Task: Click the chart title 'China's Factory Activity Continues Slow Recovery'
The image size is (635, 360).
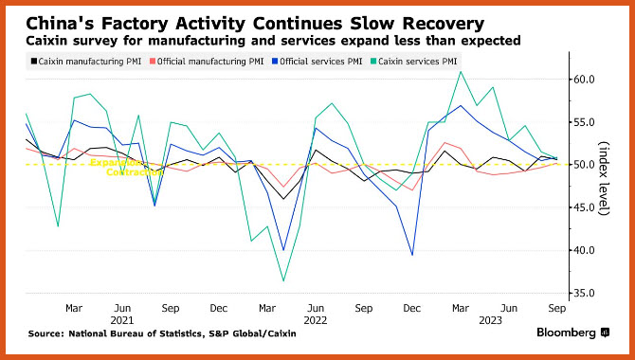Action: click(255, 24)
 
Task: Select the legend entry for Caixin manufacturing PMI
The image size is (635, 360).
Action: click(86, 62)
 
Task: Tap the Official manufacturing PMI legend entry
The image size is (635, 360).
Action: click(207, 62)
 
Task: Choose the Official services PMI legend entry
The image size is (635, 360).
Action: click(317, 62)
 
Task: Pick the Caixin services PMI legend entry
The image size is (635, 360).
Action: click(413, 62)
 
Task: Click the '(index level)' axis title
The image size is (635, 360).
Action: click(605, 179)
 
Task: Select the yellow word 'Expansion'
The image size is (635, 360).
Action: click(116, 162)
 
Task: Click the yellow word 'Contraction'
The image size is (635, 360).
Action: click(135, 171)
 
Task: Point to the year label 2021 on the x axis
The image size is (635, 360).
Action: click(122, 321)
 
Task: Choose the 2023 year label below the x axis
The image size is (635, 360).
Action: click(490, 321)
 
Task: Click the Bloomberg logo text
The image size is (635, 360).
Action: click(566, 333)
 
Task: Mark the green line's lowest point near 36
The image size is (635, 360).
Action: click(283, 280)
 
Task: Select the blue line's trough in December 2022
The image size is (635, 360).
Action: click(412, 255)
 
